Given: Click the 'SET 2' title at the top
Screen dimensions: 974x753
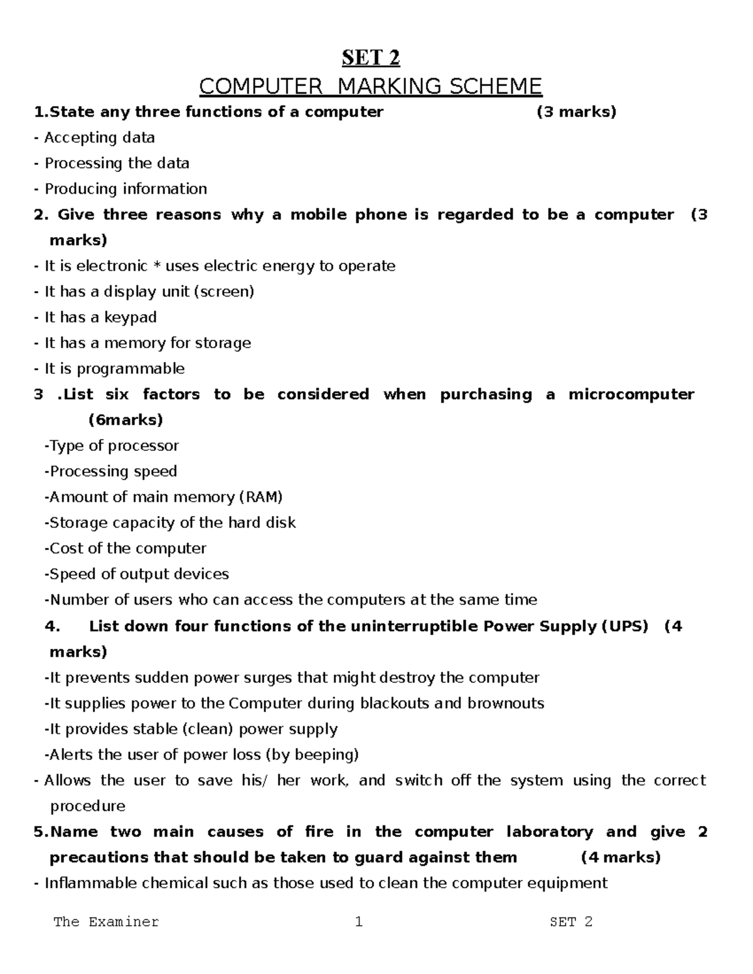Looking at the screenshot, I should tap(370, 58).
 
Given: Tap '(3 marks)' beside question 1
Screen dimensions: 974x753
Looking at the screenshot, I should tap(576, 112).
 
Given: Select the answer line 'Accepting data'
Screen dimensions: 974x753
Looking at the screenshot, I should tap(99, 138).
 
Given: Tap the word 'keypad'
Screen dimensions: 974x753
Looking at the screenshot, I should tap(131, 317).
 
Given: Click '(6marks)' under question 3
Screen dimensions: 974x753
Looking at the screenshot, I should tap(125, 420).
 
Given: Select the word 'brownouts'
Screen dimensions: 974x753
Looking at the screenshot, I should tap(506, 704).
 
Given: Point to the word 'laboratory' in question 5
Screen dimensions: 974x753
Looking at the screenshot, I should tap(549, 832).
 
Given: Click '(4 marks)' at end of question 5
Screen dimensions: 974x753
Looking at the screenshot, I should tap(621, 858).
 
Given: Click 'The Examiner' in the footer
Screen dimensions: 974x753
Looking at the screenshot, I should tap(106, 922).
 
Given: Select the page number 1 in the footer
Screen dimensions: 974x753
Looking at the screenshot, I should tap(358, 922).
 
